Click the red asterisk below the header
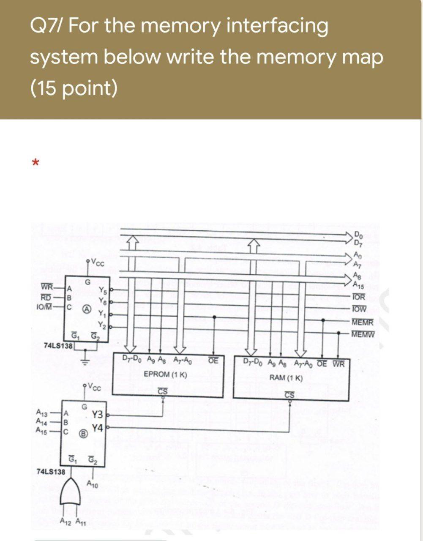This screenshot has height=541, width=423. coord(37,162)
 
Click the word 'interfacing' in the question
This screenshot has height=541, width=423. coord(277,26)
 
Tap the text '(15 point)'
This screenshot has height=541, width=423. coord(74,87)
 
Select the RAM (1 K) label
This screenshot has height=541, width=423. coord(286,377)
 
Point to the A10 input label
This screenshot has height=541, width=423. coord(92,484)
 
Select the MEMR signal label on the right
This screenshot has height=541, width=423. coord(362,322)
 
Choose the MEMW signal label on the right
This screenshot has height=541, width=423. coord(363,335)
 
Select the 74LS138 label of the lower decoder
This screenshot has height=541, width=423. coord(51,471)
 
